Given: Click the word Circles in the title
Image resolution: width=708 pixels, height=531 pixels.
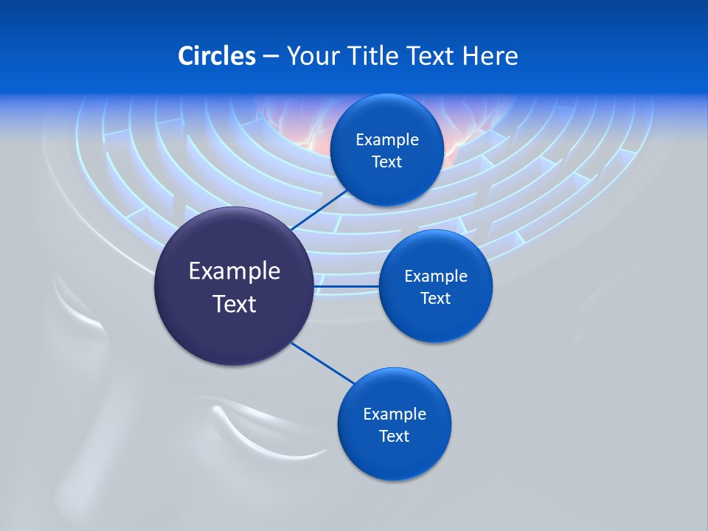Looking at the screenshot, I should pyautogui.click(x=216, y=56).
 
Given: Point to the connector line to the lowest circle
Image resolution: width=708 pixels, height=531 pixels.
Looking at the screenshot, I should pyautogui.click(x=322, y=363).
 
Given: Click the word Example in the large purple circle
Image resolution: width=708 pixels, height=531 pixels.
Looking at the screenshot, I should pyautogui.click(x=235, y=271).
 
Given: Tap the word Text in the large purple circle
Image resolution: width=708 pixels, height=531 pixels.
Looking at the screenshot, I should pyautogui.click(x=235, y=304).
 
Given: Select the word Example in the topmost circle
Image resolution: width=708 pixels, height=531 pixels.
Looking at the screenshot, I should pyautogui.click(x=386, y=140).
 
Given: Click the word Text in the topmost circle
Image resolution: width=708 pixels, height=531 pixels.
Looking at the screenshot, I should pyautogui.click(x=386, y=162).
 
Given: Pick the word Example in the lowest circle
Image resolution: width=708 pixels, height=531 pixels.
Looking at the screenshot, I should pyautogui.click(x=394, y=414).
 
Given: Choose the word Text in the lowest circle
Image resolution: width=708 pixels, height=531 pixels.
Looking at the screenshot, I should pyautogui.click(x=394, y=437).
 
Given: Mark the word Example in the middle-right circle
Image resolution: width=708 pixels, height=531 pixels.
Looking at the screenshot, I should pyautogui.click(x=435, y=277).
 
